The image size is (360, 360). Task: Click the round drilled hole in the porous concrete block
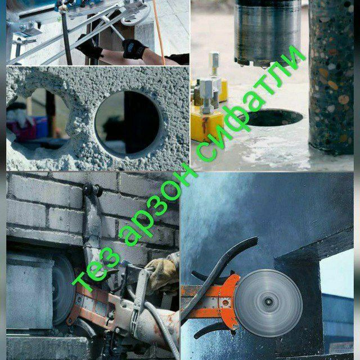pos(128,123)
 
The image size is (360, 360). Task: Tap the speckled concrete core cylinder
pos(331,76)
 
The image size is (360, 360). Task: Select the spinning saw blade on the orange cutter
pos(268,303)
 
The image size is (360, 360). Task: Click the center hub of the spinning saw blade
pos(268,303)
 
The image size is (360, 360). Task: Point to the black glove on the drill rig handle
pos(133,49)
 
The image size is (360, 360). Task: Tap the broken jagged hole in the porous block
pos(37,119)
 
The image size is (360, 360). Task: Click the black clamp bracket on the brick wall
pos(92,190)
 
